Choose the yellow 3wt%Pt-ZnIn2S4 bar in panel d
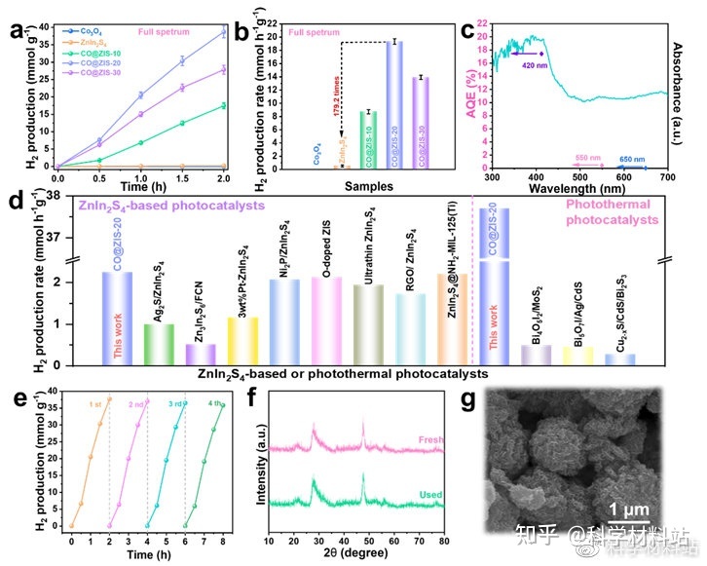tap(242, 341)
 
